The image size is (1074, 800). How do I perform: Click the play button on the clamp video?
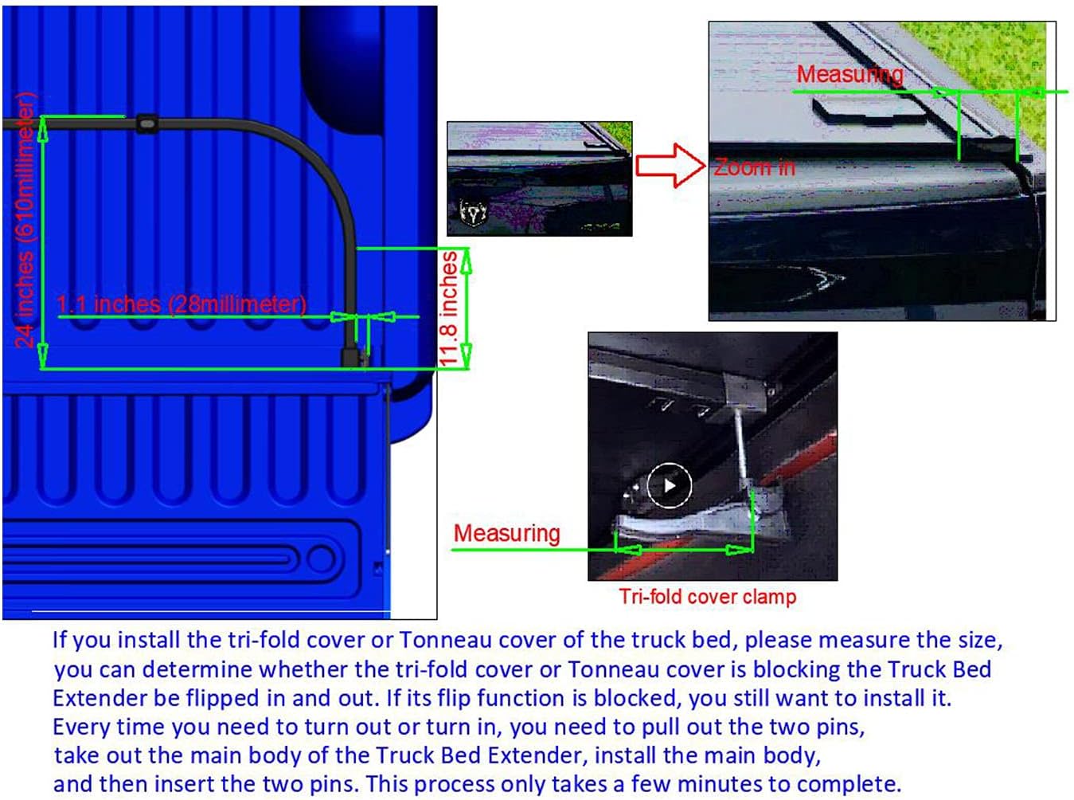pos(669,485)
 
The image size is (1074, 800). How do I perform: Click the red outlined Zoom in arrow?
pos(670,165)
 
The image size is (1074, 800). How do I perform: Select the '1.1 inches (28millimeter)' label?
pos(182,304)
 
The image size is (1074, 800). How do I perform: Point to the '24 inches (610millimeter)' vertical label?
pos(25,220)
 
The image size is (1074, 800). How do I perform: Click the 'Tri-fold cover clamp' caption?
pos(707,596)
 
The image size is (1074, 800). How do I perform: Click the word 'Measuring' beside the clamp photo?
pos(506,533)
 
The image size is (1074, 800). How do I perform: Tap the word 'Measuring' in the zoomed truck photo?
pos(849,74)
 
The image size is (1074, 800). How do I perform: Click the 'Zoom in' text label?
pos(753,168)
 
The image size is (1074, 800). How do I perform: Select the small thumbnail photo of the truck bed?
pos(539,178)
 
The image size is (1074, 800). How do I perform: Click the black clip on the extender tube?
pos(146,124)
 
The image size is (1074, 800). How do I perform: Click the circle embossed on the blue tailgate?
pos(322,559)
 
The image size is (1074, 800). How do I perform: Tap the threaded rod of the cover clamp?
pos(741,443)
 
